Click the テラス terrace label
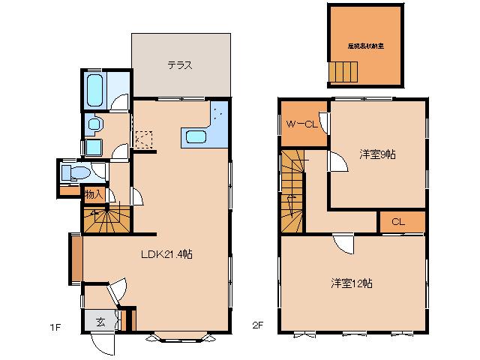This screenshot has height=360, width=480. (180, 65)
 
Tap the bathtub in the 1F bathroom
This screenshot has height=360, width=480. (94, 90)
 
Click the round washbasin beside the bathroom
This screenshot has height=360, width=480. (94, 124)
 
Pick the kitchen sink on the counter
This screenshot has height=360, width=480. (196, 136)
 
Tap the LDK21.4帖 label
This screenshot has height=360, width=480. (166, 254)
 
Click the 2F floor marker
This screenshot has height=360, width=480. (257, 326)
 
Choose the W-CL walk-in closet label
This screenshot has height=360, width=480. (300, 124)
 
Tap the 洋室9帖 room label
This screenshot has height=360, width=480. (377, 154)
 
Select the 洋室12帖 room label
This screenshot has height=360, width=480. (352, 283)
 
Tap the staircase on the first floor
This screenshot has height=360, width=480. (106, 220)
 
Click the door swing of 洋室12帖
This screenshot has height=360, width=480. (343, 243)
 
